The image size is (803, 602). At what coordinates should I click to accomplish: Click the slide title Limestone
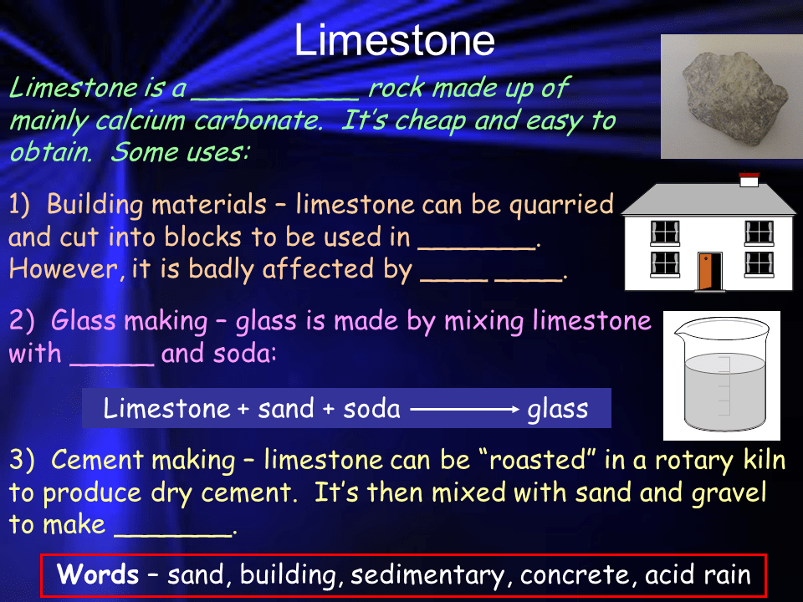tap(394, 40)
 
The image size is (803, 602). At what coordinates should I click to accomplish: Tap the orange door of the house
tap(709, 269)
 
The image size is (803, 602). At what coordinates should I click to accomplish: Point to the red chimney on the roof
tap(749, 178)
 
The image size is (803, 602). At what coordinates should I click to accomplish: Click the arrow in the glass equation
tap(464, 409)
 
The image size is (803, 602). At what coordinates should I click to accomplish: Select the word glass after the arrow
tap(557, 409)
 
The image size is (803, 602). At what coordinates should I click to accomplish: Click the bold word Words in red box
tap(98, 575)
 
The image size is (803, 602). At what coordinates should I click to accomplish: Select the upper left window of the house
tap(665, 232)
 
